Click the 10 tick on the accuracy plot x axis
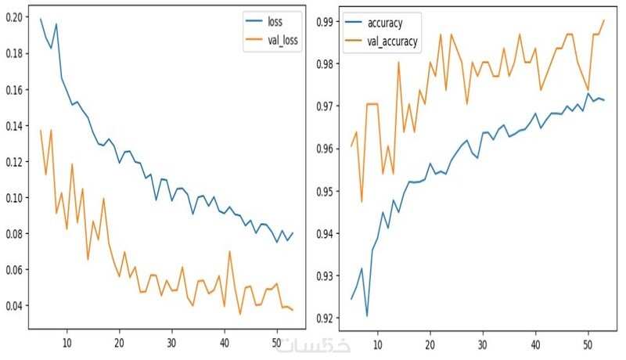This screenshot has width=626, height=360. [x=377, y=343]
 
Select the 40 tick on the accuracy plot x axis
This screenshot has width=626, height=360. [x=535, y=343]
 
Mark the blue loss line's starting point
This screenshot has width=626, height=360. [x=41, y=18]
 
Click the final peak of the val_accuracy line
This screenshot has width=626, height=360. [x=604, y=20]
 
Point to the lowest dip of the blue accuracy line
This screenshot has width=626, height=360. [x=367, y=315]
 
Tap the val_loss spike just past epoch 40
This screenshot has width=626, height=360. [x=230, y=251]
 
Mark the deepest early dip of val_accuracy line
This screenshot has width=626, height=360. [x=362, y=201]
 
